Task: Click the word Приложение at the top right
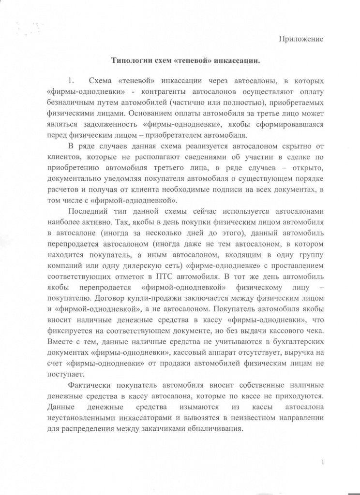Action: [x=300, y=38]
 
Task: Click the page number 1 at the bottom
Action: [x=322, y=463]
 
